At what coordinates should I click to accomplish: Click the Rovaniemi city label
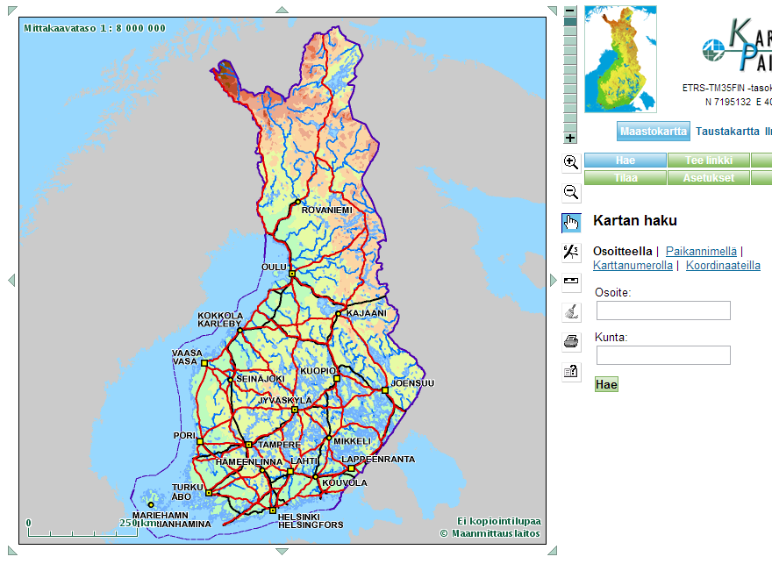point(326,211)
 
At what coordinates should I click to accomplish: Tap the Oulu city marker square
point(292,274)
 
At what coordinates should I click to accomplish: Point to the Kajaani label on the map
point(366,312)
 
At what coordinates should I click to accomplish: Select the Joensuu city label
point(412,383)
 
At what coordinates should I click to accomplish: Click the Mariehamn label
point(160,516)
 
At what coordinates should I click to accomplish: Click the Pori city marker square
point(200,442)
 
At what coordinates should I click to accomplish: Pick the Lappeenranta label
point(378,459)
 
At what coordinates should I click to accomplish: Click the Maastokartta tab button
point(653,132)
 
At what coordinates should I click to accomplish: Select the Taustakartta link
point(727,132)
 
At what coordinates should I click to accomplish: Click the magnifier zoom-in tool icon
point(571,162)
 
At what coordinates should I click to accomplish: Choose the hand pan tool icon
point(571,223)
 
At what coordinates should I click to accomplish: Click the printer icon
point(571,341)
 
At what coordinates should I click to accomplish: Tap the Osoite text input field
point(663,310)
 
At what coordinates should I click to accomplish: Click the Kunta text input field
point(663,355)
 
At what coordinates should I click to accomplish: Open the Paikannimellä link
point(701,251)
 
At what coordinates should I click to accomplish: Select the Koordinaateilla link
point(723,265)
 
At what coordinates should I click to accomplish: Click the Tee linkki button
point(708,161)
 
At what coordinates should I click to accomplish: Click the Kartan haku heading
point(635,221)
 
